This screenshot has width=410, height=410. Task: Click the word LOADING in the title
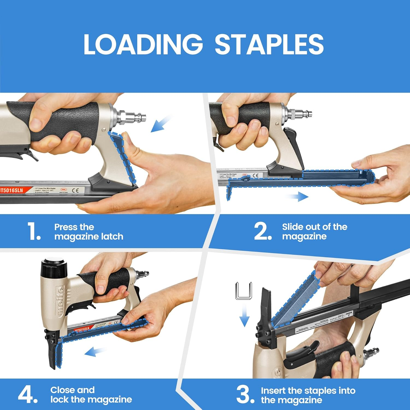[143, 44]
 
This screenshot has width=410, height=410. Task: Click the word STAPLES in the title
[269, 44]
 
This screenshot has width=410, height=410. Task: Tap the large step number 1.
[34, 232]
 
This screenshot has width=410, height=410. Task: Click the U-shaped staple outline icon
[244, 291]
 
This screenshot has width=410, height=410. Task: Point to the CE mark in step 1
[76, 190]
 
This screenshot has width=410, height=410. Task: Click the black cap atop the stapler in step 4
[54, 267]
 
